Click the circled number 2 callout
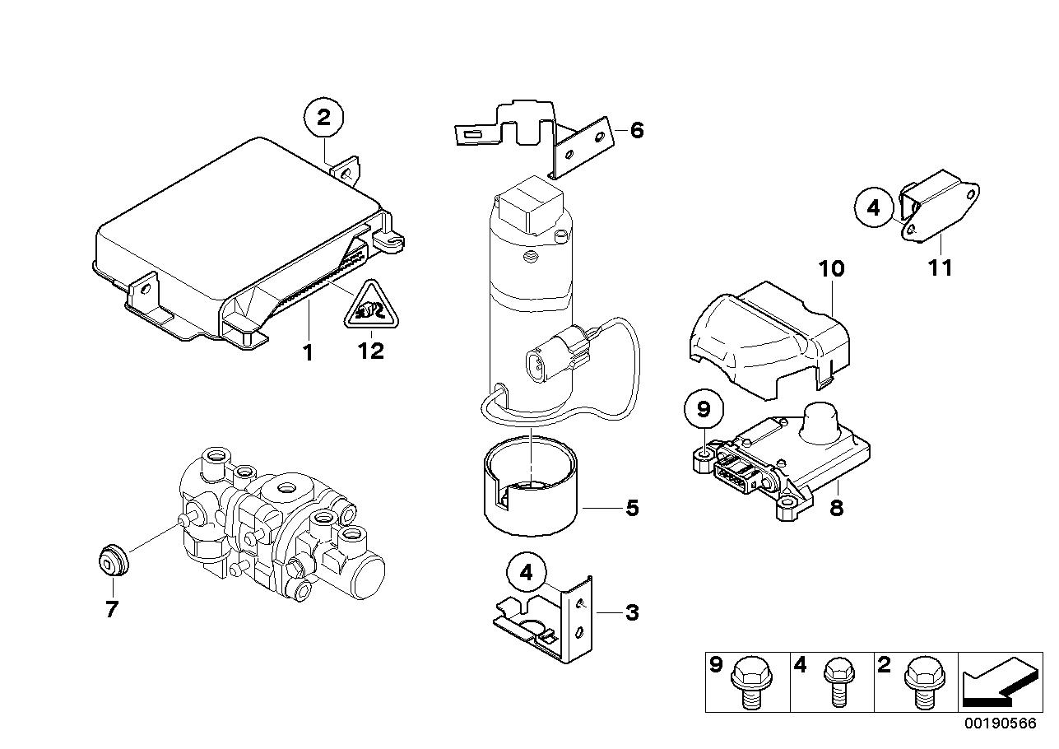(x=324, y=119)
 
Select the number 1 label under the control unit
(x=308, y=354)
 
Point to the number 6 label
(x=636, y=130)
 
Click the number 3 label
(x=632, y=613)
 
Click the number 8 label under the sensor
(x=836, y=509)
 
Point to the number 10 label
(x=831, y=268)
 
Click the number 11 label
(x=940, y=268)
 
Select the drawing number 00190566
(x=1001, y=723)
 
